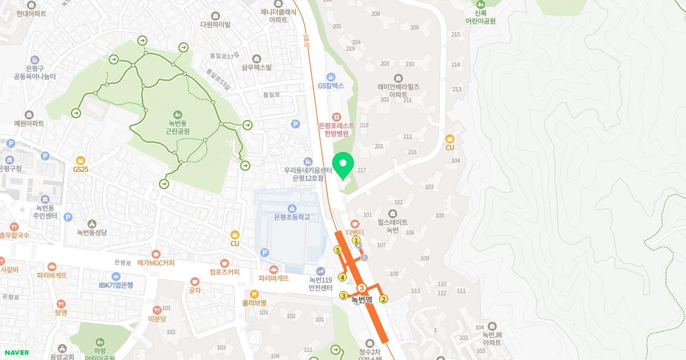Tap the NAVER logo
coord(16,353)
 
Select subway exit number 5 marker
coord(338,250)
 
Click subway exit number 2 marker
coord(384,298)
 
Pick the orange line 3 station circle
coord(362,288)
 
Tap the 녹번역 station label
coord(362,299)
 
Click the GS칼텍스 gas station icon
coord(330,77)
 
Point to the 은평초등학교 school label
coord(292,217)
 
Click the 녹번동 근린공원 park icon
coord(178,114)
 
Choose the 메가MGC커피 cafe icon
coord(156,254)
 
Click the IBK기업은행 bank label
coord(116,285)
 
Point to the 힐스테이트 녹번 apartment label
coord(393,226)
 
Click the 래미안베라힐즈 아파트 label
coord(398,90)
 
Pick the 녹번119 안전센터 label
coord(321,283)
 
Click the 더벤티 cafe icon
coord(354,223)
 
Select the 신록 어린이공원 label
coord(480,17)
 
